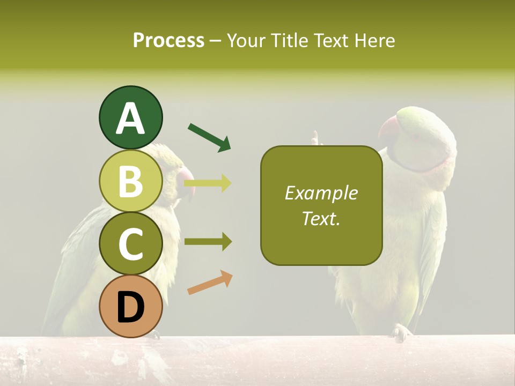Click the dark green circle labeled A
tap(130, 117)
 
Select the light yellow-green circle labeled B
tap(130, 181)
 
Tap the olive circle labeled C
tap(130, 243)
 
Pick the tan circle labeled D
tap(130, 306)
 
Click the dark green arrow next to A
tap(209, 137)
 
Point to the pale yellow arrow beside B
tap(208, 183)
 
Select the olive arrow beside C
tap(208, 242)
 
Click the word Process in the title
tap(168, 40)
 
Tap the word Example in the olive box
tap(321, 193)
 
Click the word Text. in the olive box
tap(321, 218)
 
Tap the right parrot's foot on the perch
tap(401, 332)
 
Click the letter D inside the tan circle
tap(130, 307)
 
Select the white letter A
tap(130, 118)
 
